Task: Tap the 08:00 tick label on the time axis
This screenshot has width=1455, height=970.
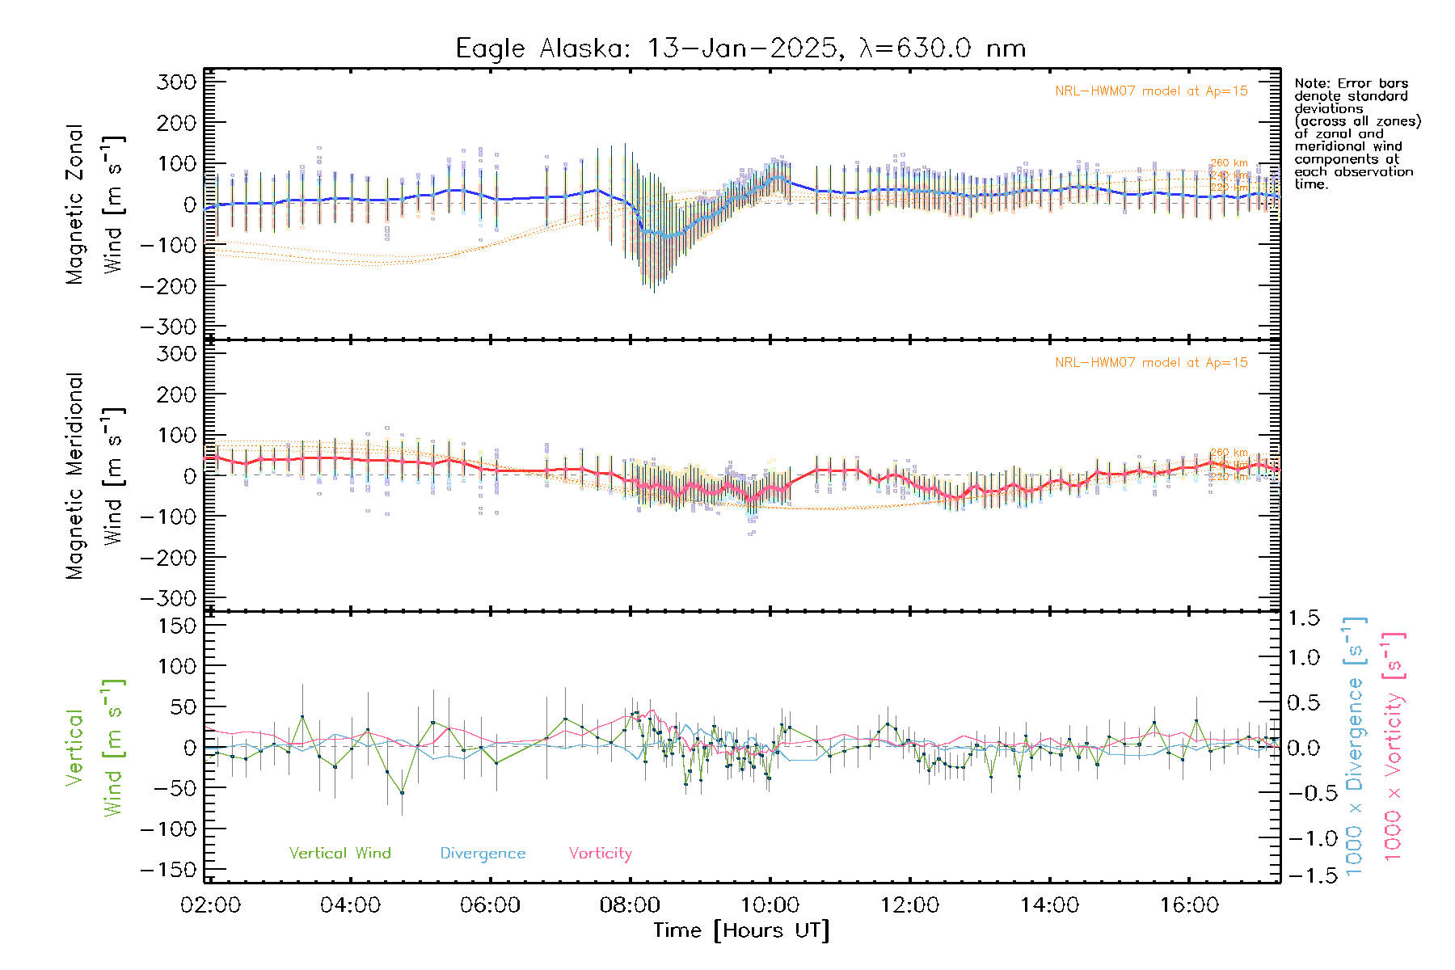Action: pyautogui.click(x=630, y=905)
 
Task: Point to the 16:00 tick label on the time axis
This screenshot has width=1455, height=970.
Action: pyautogui.click(x=1189, y=905)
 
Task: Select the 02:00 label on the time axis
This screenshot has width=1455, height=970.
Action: pyautogui.click(x=211, y=905)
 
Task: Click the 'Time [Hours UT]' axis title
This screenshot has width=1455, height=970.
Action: pyautogui.click(x=741, y=931)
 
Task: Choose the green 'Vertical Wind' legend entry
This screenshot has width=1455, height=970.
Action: pyautogui.click(x=339, y=854)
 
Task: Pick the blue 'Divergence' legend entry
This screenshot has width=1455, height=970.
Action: pyautogui.click(x=483, y=854)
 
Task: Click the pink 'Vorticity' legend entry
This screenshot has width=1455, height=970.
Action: pyautogui.click(x=600, y=854)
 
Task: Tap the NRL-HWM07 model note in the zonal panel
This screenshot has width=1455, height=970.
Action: pyautogui.click(x=1151, y=91)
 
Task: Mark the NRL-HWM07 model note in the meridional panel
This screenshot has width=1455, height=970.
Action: pyautogui.click(x=1151, y=363)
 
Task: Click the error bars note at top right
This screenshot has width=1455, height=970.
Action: pyautogui.click(x=1356, y=133)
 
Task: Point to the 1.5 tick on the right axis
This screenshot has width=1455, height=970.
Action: pyautogui.click(x=1304, y=618)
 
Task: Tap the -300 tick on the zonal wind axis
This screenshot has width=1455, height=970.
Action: pyautogui.click(x=169, y=327)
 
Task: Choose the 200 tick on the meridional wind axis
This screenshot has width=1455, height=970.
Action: pyautogui.click(x=179, y=394)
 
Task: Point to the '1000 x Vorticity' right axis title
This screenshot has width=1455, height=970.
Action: pyautogui.click(x=1394, y=746)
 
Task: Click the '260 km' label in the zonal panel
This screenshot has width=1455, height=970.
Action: pyautogui.click(x=1229, y=163)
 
